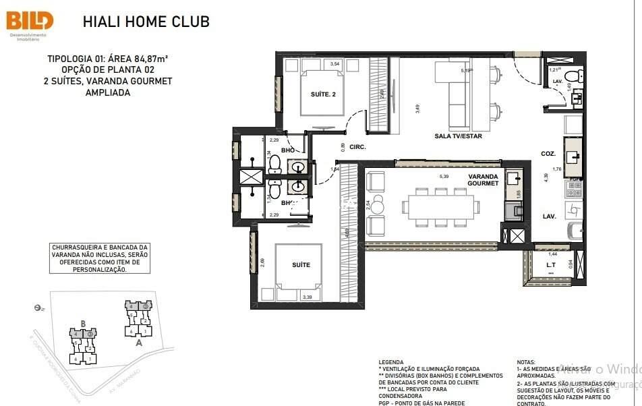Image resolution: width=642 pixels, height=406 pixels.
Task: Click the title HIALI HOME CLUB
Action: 146,22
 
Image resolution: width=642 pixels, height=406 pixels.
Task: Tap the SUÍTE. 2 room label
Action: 323,94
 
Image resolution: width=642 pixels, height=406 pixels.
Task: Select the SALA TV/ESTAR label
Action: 458,136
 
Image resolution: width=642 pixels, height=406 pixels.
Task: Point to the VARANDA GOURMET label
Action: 484,180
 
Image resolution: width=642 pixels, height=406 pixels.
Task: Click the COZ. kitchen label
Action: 548,154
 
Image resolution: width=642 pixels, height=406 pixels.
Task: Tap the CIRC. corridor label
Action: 358,146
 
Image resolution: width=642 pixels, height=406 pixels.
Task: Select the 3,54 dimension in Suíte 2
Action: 334,64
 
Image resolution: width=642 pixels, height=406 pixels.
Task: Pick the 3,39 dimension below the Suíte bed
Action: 308,297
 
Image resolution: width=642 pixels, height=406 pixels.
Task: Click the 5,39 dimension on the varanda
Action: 444,177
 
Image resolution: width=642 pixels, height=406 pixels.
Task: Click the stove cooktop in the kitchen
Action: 574,185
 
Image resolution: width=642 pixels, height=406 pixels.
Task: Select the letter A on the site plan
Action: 139,341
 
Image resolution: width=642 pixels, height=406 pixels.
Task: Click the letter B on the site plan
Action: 82,322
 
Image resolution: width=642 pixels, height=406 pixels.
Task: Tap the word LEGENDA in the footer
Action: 391,362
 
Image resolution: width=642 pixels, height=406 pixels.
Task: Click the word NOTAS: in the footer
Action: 527,362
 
